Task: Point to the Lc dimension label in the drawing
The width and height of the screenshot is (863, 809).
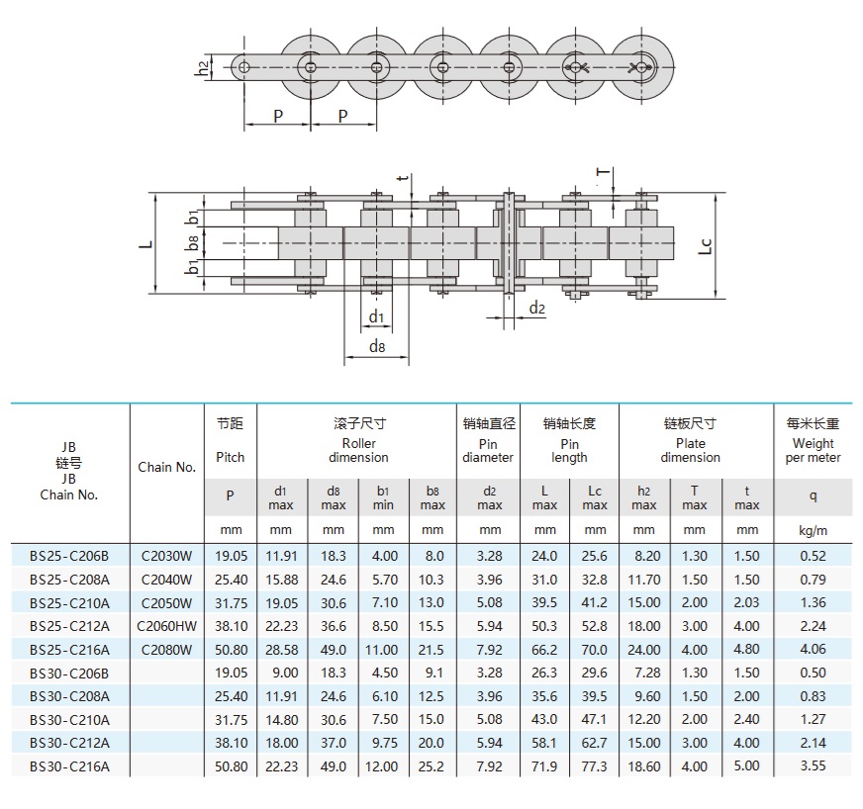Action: [x=704, y=245]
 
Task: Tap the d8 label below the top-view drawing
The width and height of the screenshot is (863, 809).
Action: [x=376, y=346]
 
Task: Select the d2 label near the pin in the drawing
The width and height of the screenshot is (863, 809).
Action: [x=536, y=309]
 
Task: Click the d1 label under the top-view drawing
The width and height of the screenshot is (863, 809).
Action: [x=376, y=316]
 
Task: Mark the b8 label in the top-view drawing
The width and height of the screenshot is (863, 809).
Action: [x=194, y=240]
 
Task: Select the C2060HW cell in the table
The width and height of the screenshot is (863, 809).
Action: [x=166, y=625]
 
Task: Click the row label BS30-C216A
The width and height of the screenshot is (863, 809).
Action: [x=69, y=765]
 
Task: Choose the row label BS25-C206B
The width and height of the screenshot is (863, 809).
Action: [x=69, y=556]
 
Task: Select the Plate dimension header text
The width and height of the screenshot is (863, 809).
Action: [x=690, y=450]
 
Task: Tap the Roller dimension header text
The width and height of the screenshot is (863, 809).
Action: [x=358, y=450]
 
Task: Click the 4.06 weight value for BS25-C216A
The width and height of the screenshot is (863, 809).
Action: [x=813, y=649]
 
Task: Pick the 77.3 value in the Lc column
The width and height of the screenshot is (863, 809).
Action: [x=595, y=765]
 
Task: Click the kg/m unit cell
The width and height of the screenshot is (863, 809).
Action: [x=813, y=531]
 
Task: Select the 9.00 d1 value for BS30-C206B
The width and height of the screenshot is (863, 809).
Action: [x=281, y=673]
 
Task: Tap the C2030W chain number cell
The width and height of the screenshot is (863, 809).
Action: [x=166, y=556]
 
